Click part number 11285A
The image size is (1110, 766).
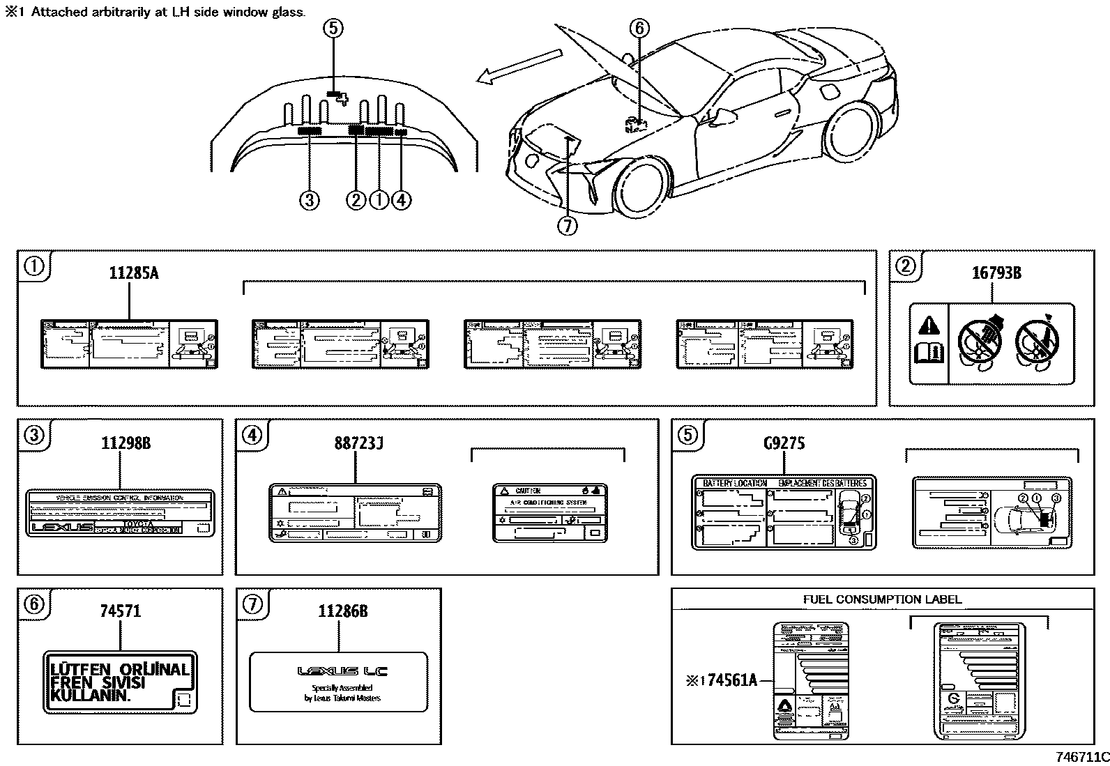click(133, 273)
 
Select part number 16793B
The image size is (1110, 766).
click(996, 273)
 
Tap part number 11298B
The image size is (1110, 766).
click(126, 443)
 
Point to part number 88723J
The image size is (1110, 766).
click(358, 443)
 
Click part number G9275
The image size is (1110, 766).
click(784, 443)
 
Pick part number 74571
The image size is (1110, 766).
click(120, 611)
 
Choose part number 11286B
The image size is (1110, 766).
click(342, 611)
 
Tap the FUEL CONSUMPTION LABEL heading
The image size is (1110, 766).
click(882, 599)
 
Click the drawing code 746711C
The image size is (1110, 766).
click(1081, 757)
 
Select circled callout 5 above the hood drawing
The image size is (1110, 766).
click(333, 29)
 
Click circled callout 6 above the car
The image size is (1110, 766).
click(639, 29)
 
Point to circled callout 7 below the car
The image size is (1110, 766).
click(568, 226)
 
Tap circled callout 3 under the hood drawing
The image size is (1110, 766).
click(309, 201)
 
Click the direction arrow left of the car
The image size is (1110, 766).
click(517, 66)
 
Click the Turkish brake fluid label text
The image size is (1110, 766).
click(119, 682)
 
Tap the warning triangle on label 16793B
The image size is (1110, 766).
click(928, 325)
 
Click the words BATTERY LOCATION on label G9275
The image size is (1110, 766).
click(734, 483)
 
